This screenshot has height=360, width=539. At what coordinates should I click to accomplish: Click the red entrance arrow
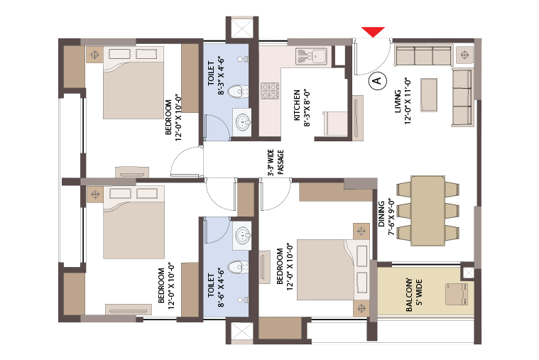[373, 32]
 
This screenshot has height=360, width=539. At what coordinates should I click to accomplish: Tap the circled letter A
[377, 81]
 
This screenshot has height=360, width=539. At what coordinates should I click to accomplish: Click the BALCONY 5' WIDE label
[414, 295]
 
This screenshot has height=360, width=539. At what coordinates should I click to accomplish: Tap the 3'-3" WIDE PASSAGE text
[276, 162]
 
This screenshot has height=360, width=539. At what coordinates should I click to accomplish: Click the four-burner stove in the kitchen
[270, 91]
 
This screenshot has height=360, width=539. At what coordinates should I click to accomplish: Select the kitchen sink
[311, 56]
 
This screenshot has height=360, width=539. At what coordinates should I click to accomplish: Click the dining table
[428, 211]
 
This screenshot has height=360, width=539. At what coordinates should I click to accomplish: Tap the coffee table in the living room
[429, 95]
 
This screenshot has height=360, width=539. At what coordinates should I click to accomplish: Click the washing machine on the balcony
[457, 295]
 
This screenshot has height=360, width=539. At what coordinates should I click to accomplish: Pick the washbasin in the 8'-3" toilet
[243, 122]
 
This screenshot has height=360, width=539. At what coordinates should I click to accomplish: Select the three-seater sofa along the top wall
[423, 55]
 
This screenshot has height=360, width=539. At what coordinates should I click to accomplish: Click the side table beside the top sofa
[464, 55]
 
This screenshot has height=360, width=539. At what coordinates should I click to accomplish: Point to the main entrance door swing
[373, 57]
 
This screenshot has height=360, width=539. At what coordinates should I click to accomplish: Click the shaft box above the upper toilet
[242, 28]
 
